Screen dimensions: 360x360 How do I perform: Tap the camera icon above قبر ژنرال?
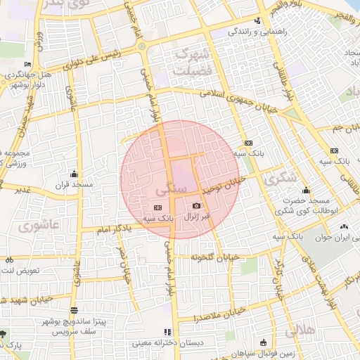[x=197, y=205]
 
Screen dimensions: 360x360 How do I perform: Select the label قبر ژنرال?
[x=197, y=217]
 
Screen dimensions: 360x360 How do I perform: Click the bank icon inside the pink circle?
[x=157, y=207]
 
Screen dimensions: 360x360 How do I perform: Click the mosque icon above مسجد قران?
[x=75, y=174]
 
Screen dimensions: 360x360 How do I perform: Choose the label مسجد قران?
[x=75, y=186]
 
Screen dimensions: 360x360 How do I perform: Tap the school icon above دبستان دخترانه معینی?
[x=167, y=332]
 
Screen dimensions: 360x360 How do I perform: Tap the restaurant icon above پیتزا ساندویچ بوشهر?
[x=74, y=309]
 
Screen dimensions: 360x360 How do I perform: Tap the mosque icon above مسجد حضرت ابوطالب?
[x=306, y=190]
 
